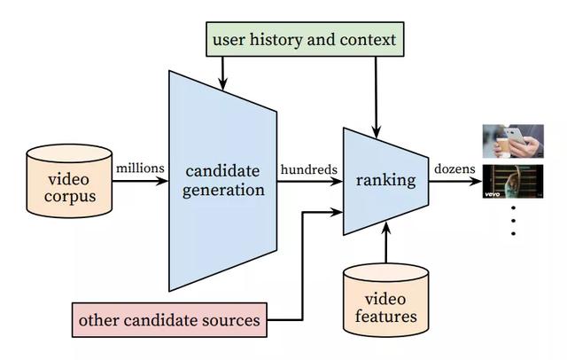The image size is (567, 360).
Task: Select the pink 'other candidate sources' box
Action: pos(170,319)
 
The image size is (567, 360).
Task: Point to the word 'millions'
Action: pos(139,166)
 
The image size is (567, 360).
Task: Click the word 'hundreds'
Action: pos(308,166)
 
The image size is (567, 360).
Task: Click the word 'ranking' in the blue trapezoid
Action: pos(386,181)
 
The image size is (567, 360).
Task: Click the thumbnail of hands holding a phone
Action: pos(512,141)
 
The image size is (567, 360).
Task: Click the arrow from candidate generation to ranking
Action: pos(309,181)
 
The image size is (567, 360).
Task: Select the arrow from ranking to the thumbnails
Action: pos(455,181)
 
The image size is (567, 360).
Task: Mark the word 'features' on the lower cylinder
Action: pos(386,314)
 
